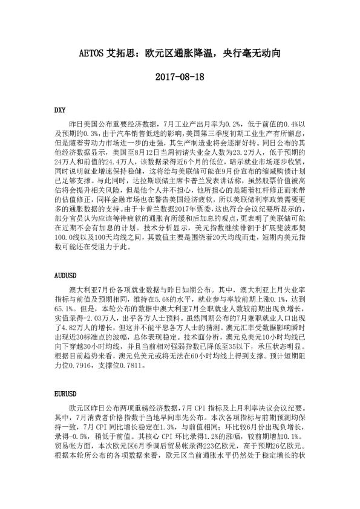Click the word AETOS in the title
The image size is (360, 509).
tap(93, 53)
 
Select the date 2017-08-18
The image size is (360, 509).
tap(180, 77)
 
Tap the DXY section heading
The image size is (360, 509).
tap(59, 111)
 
